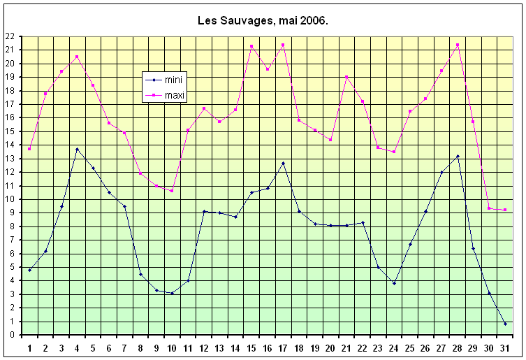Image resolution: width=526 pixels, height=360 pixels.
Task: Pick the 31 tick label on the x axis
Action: pos(505,347)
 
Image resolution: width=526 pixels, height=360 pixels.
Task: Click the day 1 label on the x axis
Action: pos(29,347)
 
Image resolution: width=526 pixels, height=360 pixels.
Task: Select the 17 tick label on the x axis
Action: pos(283,347)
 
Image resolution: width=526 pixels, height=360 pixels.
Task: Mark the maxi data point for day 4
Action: pos(77,57)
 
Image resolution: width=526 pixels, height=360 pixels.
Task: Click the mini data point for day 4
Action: pos(77,149)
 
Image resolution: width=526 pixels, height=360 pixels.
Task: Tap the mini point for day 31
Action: pos(505,324)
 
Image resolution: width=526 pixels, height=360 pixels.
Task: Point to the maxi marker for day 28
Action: pos(458,45)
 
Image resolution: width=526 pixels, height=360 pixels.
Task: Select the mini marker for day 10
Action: pos(172,293)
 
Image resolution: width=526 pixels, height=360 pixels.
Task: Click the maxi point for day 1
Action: pos(29,149)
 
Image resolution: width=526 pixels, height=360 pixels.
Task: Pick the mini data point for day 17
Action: pos(283,163)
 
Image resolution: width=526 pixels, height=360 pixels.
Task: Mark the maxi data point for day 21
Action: pos(346,77)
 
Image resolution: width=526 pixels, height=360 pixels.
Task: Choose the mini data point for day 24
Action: pos(394,283)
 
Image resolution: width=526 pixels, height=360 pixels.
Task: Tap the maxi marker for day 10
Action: pos(172,191)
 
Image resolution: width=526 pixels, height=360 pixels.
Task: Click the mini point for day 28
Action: pos(458,156)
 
